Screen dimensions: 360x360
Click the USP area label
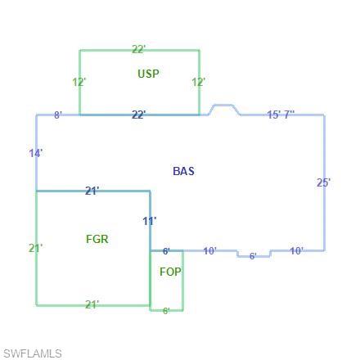click(149, 74)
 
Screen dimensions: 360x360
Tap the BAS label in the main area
click(184, 171)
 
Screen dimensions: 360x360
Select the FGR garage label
click(97, 239)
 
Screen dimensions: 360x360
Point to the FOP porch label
click(170, 272)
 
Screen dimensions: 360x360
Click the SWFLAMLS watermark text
click(33, 353)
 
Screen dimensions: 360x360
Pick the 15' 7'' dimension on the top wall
click(281, 115)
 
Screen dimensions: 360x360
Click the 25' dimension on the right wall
click(324, 182)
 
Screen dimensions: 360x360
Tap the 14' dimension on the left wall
click(36, 153)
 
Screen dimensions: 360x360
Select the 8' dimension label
click(58, 115)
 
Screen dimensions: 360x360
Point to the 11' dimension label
click(150, 221)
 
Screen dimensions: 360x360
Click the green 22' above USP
click(139, 49)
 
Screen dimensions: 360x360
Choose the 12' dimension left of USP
click(79, 82)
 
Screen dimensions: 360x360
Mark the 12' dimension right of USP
click(199, 82)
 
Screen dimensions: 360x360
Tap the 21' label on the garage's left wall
click(36, 248)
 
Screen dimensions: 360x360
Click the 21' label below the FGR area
click(92, 304)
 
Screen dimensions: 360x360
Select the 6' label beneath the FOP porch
click(166, 311)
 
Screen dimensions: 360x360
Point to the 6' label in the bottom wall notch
click(253, 256)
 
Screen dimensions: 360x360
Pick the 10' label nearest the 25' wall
click(296, 250)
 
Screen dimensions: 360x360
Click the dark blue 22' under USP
click(139, 115)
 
